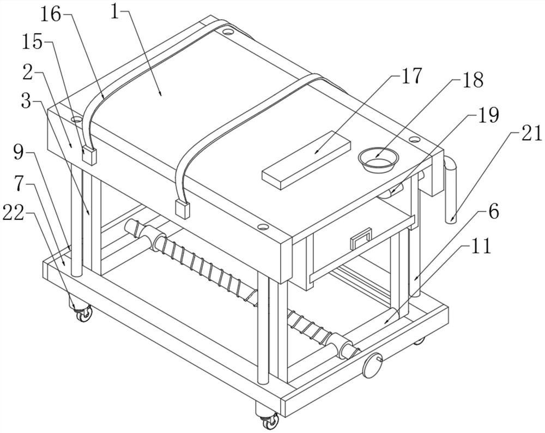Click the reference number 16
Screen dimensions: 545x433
(52, 15)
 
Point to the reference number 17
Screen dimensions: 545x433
(411, 76)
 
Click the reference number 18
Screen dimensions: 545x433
(472, 80)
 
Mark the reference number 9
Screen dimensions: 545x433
(20, 152)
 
